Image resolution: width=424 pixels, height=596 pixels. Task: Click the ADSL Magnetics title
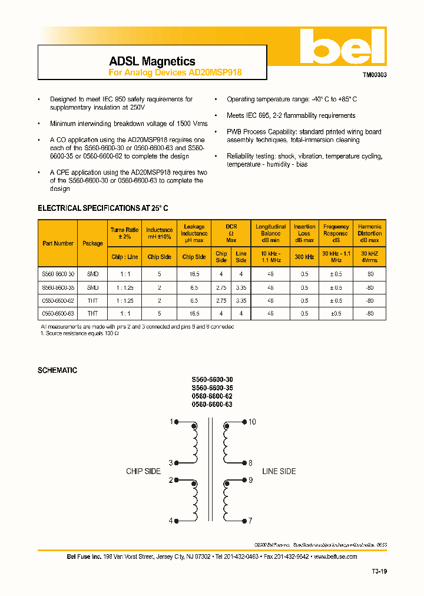click(x=152, y=61)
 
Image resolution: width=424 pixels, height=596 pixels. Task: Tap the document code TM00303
click(x=374, y=76)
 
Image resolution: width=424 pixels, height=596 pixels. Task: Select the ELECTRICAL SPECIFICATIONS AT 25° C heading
click(x=103, y=208)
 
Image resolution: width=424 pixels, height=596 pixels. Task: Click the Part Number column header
click(x=58, y=243)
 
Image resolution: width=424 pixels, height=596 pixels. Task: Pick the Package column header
click(x=93, y=243)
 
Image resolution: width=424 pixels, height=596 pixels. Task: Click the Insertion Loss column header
click(x=304, y=230)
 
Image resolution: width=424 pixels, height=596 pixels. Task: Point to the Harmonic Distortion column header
click(x=370, y=230)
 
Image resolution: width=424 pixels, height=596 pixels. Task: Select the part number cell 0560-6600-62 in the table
click(x=58, y=300)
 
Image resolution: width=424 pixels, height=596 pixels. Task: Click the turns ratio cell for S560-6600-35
click(x=124, y=288)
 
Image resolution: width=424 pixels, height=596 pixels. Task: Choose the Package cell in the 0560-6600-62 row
click(x=93, y=300)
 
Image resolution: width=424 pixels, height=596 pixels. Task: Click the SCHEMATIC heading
click(x=57, y=370)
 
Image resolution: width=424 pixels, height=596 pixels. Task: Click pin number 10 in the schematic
click(x=252, y=422)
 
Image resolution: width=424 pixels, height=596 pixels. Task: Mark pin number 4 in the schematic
click(x=171, y=521)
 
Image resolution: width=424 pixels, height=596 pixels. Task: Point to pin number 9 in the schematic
click(x=250, y=480)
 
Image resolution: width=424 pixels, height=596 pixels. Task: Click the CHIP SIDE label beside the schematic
click(x=143, y=471)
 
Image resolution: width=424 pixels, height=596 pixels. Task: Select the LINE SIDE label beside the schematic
click(x=279, y=471)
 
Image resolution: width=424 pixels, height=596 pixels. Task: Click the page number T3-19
click(x=379, y=571)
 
